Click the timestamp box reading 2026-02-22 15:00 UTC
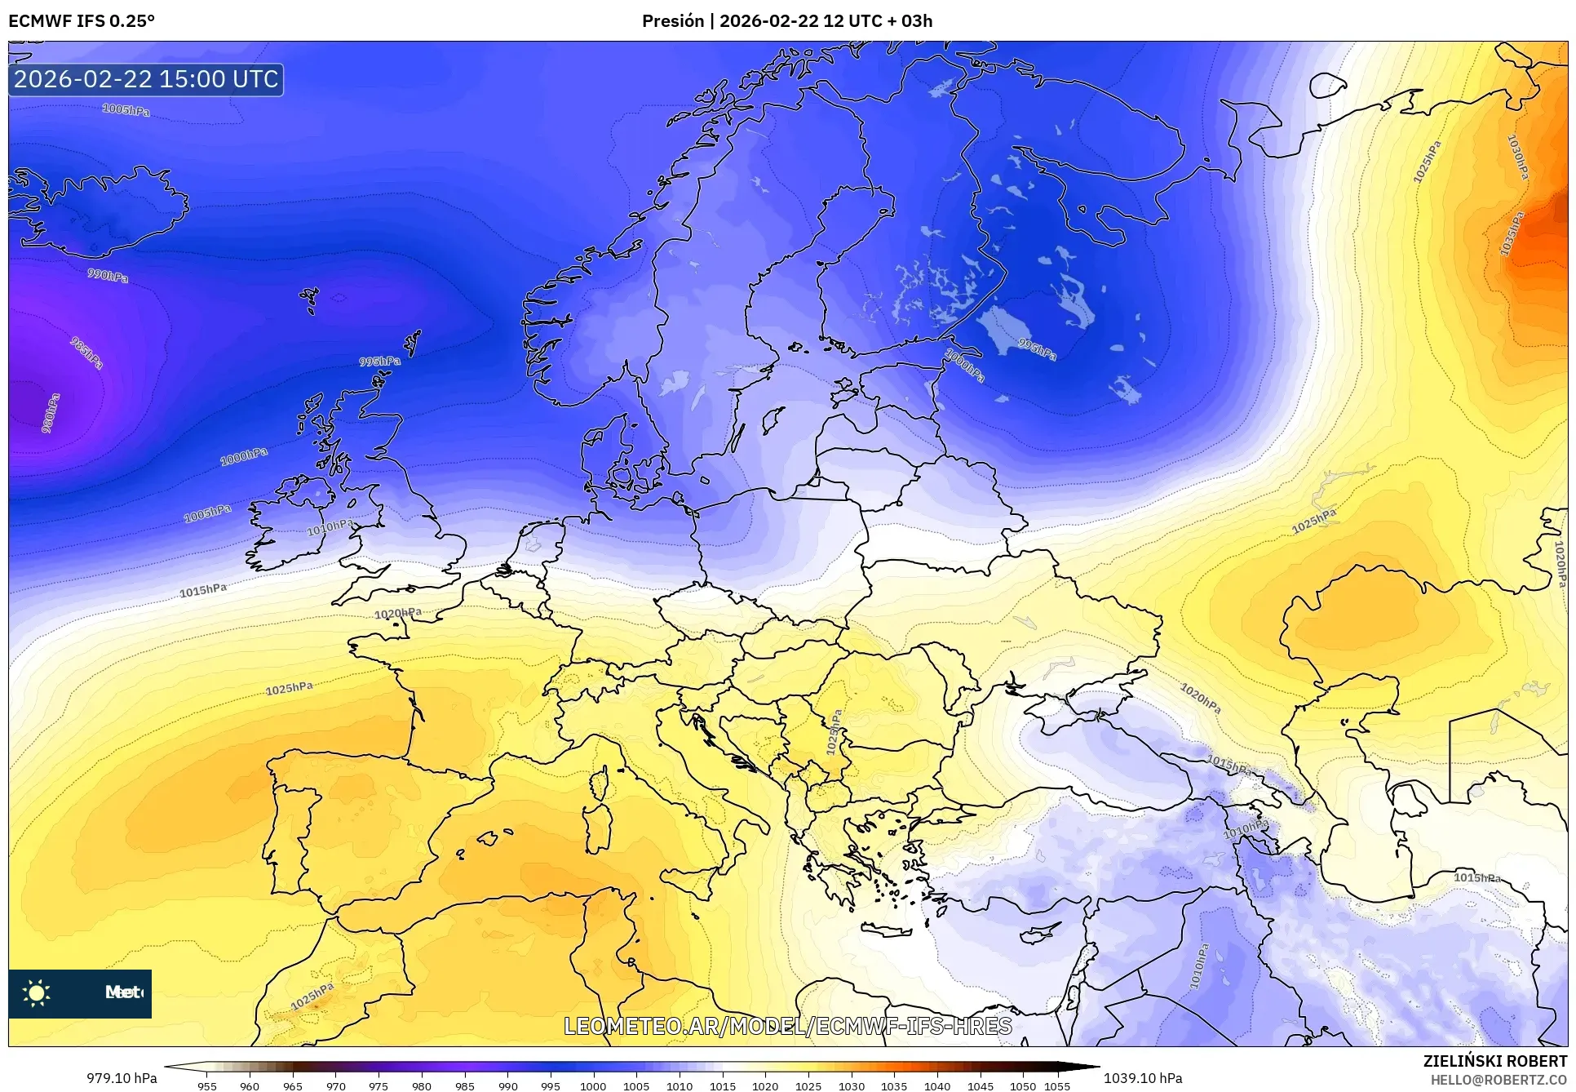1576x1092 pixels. tap(146, 79)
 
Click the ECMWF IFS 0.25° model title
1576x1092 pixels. tap(81, 21)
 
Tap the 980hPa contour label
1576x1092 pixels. tap(51, 413)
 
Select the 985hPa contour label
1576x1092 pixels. tap(86, 353)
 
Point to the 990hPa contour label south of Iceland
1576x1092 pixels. tap(108, 275)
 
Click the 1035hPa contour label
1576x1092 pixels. tap(1512, 234)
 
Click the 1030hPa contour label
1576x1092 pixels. tap(1517, 157)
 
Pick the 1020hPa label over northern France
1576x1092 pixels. tap(398, 614)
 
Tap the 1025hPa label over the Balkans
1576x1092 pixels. tap(834, 732)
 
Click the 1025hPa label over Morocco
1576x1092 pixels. tap(312, 996)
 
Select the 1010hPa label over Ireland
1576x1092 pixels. tap(330, 527)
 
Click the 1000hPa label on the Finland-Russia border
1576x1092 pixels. tap(965, 366)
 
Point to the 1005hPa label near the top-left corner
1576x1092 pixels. tap(126, 109)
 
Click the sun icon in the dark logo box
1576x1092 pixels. tap(37, 992)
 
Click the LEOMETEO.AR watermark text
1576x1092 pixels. tap(788, 1026)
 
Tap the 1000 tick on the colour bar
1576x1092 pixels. tap(593, 1085)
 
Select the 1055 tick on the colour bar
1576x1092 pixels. tap(1057, 1085)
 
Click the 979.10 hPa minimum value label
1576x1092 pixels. tap(122, 1078)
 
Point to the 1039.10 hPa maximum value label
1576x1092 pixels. tap(1143, 1078)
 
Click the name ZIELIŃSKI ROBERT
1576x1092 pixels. tap(1494, 1061)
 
